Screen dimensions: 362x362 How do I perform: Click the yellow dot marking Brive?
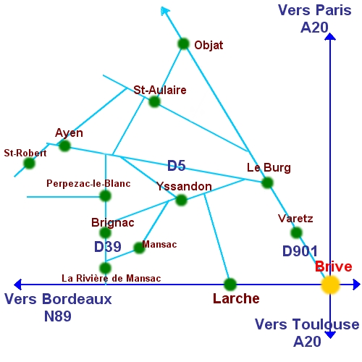tap(330, 285)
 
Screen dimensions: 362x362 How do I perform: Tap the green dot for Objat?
tap(183, 44)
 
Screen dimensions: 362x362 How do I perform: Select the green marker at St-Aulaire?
tap(154, 101)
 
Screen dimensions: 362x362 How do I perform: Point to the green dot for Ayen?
tap(64, 146)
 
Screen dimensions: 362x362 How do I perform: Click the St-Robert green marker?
tap(30, 164)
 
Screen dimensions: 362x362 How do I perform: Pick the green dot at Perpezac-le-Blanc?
tap(105, 195)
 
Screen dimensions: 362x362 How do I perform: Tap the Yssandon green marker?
tap(181, 200)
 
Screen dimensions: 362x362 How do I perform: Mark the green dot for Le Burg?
tap(267, 182)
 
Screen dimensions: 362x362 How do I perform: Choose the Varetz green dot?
tap(296, 232)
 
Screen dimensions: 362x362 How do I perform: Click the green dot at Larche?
tap(230, 285)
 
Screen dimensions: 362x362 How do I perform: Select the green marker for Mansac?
tap(139, 248)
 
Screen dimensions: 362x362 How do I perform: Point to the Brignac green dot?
tap(105, 232)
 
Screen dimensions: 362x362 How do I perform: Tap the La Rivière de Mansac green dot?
tap(105, 268)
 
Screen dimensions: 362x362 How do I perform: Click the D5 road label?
tap(177, 166)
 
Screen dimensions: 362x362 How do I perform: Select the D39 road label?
tap(108, 247)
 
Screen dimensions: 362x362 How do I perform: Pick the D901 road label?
tap(300, 251)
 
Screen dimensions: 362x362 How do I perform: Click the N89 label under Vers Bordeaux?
tap(58, 316)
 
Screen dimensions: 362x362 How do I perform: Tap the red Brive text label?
tap(334, 266)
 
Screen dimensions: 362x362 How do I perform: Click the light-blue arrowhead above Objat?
tap(165, 11)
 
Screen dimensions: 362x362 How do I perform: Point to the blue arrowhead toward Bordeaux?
tap(17, 285)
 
